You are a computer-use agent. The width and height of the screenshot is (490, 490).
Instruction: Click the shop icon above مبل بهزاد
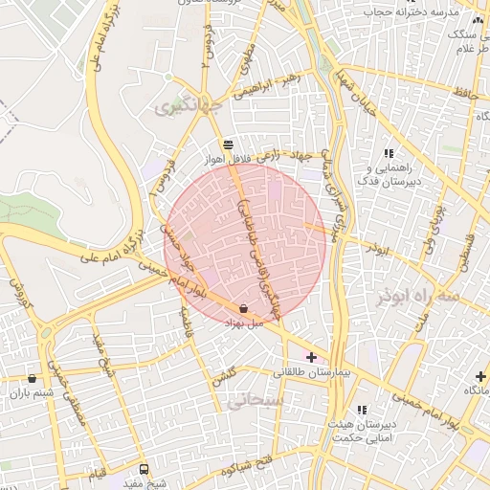[x=243, y=309]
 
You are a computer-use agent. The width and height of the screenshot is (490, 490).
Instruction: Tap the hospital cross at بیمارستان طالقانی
[x=311, y=357]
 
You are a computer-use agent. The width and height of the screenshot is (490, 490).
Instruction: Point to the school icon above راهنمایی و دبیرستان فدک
[x=388, y=153]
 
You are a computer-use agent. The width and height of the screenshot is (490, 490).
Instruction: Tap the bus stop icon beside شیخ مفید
[x=144, y=469]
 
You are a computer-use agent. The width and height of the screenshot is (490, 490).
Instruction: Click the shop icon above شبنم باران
[x=33, y=379]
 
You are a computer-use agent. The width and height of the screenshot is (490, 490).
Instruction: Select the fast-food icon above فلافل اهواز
[x=226, y=144]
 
